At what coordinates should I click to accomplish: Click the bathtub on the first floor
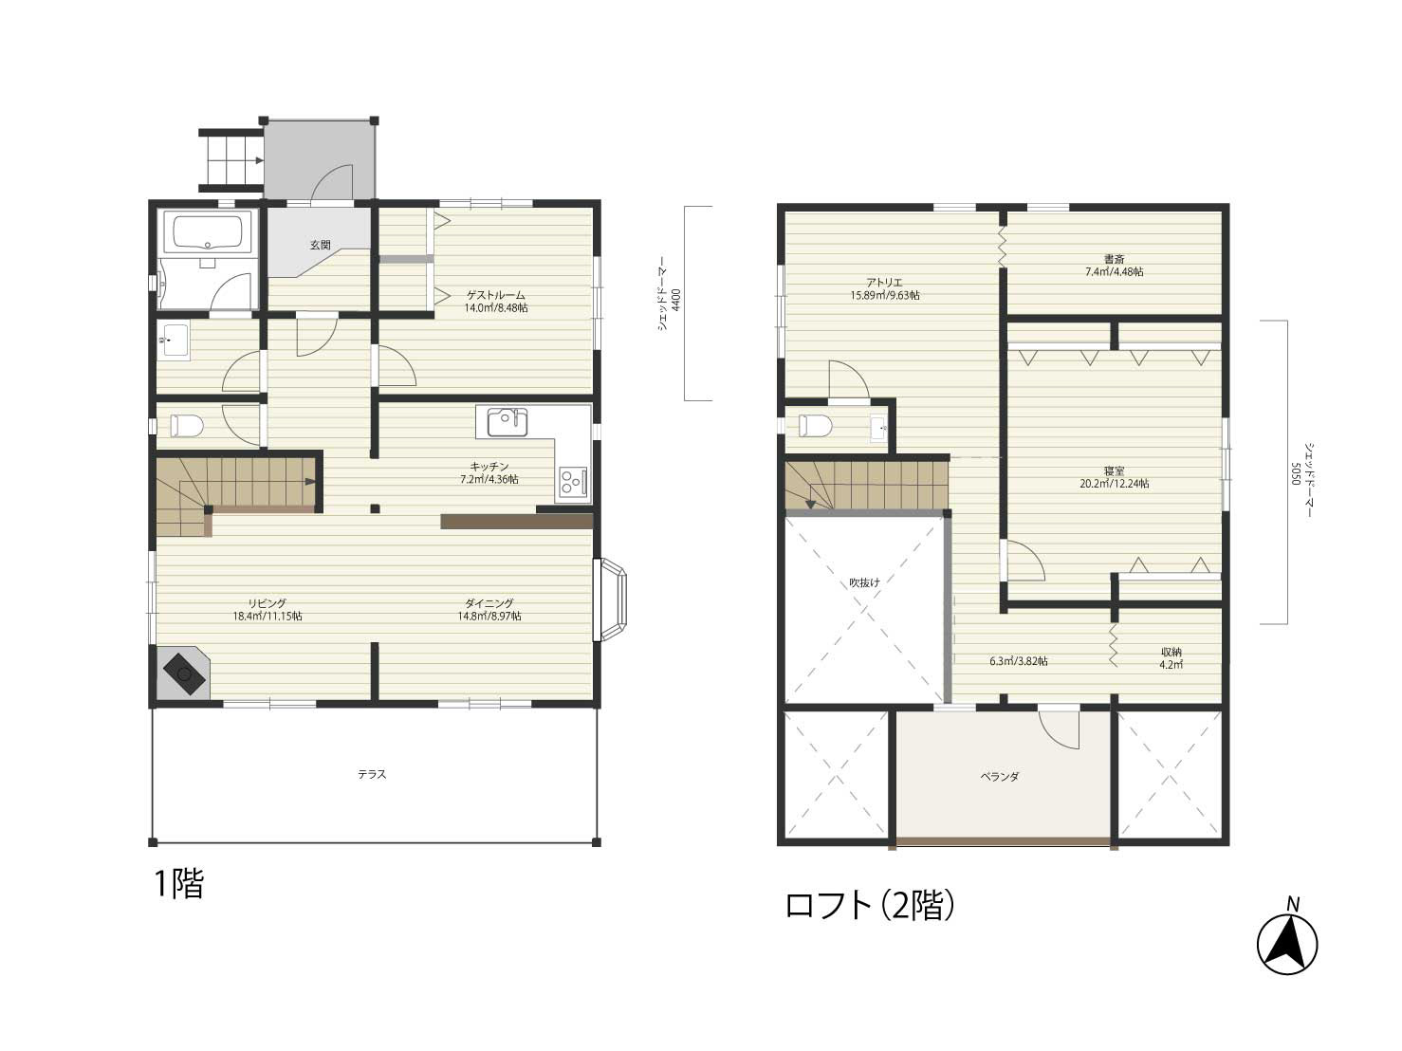[207, 234]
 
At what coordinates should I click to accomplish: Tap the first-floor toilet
[186, 425]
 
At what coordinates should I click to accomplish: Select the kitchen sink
[507, 422]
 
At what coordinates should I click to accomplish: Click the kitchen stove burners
[573, 482]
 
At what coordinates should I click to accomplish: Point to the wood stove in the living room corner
[183, 673]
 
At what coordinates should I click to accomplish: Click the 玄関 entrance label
[320, 245]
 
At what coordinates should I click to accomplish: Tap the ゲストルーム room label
[496, 295]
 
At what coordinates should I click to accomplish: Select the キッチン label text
[489, 467]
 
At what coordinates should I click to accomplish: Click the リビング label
[267, 603]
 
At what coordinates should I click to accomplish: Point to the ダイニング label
[489, 603]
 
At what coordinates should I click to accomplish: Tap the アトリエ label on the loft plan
[884, 283]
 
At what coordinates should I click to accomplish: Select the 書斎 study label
[1114, 259]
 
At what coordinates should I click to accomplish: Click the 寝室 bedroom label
[1114, 471]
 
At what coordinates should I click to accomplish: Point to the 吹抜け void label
[864, 582]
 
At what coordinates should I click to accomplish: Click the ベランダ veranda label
[1000, 777]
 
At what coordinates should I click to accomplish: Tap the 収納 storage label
[1171, 652]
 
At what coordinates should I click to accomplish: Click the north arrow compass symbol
[1287, 944]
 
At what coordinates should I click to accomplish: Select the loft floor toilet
[815, 425]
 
